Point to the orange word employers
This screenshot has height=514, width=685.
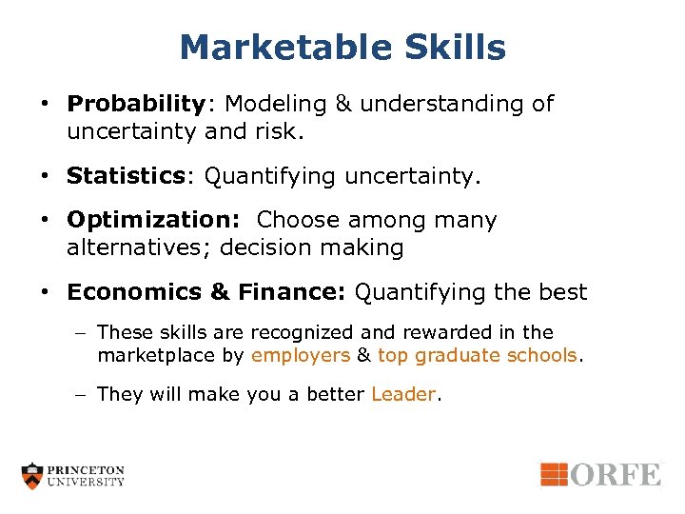tap(301, 356)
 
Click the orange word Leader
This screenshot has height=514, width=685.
tap(402, 395)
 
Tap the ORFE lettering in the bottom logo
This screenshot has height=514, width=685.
tap(615, 473)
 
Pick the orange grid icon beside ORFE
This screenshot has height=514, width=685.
tap(554, 473)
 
